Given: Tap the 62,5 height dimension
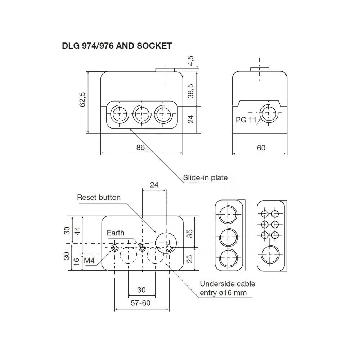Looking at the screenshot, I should tap(82, 99).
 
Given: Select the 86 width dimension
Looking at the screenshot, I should tap(140, 148).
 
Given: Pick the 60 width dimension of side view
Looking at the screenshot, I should tap(261, 148).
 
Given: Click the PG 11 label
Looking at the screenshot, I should tap(246, 120).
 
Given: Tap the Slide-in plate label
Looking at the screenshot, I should tap(205, 177).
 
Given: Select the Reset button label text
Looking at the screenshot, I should tap(99, 197).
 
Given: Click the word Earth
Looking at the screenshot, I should tap(116, 233).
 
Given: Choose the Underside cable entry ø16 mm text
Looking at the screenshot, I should tap(228, 288).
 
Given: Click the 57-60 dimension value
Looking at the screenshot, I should tap(141, 303).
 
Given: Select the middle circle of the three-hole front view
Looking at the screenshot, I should tap(140, 115).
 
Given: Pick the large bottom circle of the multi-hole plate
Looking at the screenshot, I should tap(270, 255).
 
